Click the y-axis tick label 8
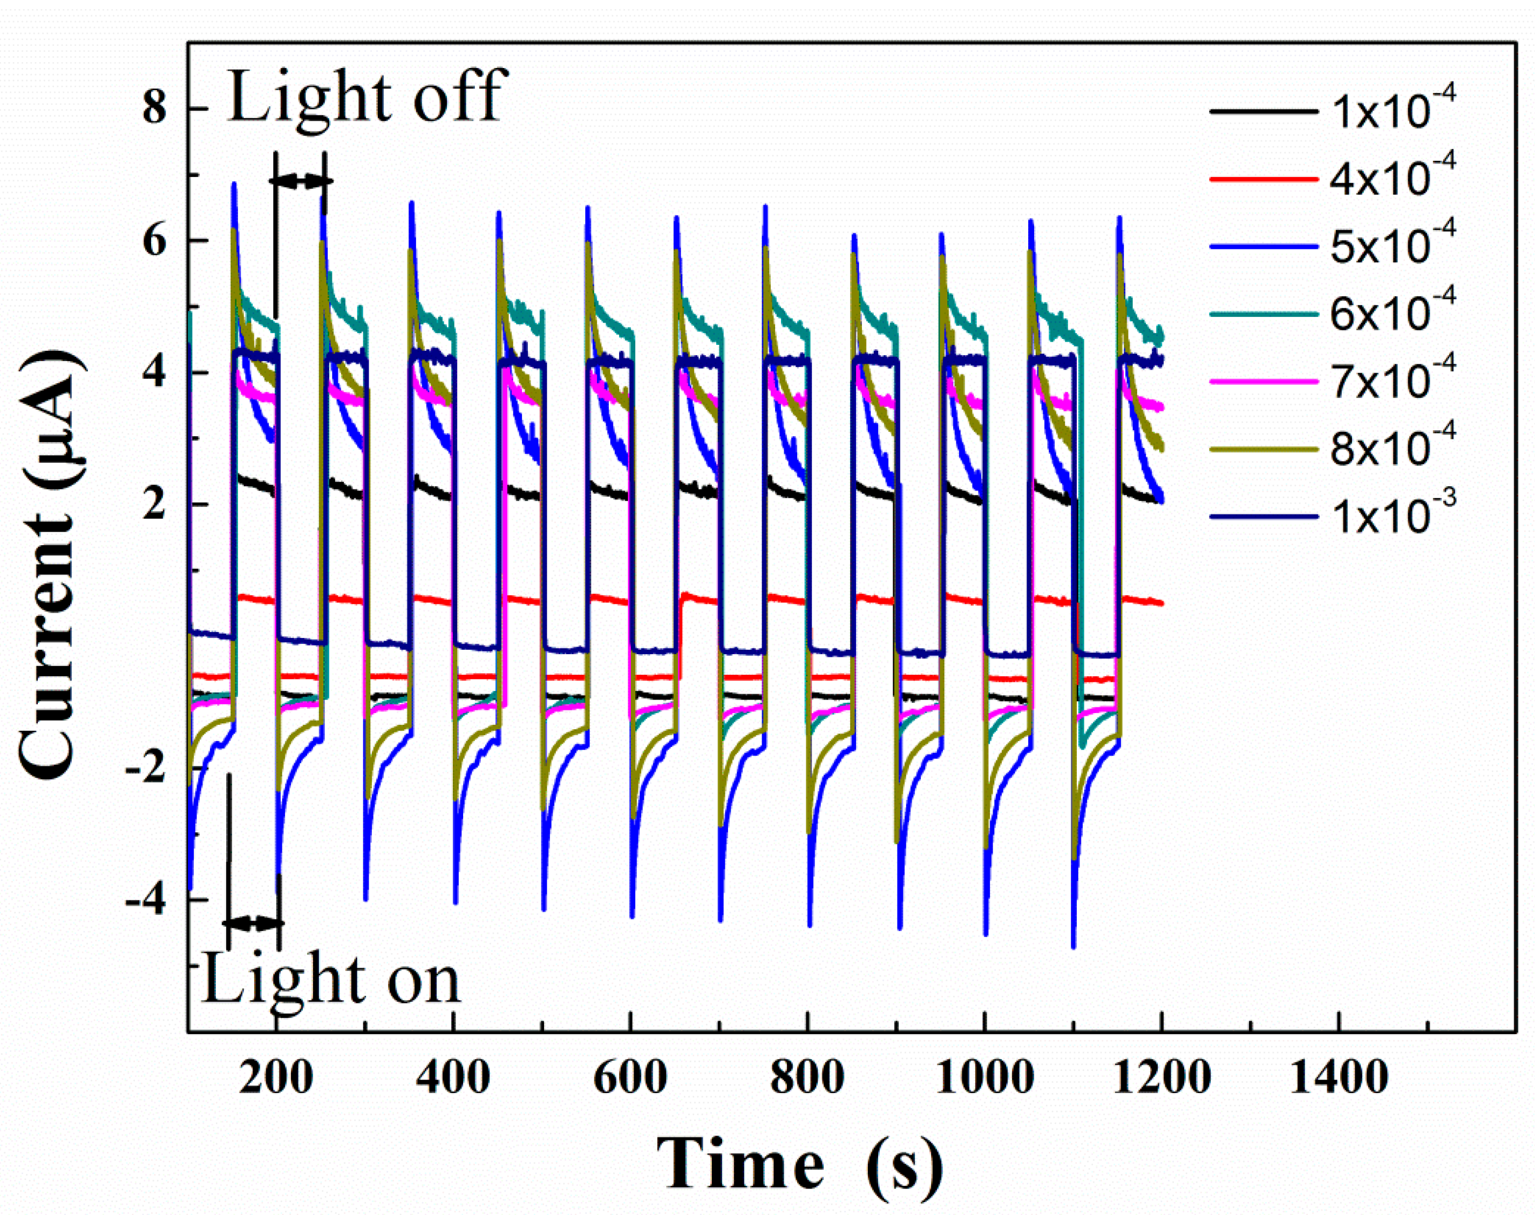click(x=154, y=110)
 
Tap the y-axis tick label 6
click(x=154, y=242)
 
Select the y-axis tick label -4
click(x=146, y=900)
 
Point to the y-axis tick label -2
click(x=146, y=769)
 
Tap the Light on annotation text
click(x=331, y=980)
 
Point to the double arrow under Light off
click(x=300, y=181)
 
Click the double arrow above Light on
click(x=253, y=924)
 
